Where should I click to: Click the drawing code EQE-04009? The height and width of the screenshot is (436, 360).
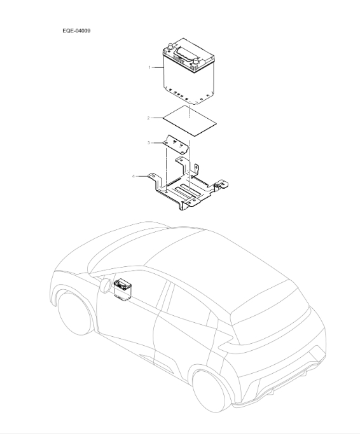(x=76, y=30)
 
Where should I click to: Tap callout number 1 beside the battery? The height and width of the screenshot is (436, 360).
(x=149, y=67)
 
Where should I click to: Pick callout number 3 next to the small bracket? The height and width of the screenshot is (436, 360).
(x=148, y=144)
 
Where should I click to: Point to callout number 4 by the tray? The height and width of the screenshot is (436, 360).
(x=134, y=176)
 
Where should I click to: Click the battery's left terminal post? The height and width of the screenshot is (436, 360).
(x=170, y=46)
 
